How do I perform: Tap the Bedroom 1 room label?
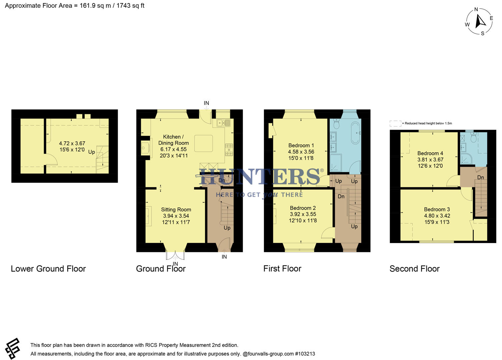click(301, 145)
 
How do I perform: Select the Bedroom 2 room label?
click(303, 208)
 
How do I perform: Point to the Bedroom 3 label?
click(437, 209)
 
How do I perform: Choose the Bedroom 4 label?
click(430, 153)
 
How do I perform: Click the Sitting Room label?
click(176, 210)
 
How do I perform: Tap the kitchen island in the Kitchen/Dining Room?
click(203, 143)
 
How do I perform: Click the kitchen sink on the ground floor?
click(223, 123)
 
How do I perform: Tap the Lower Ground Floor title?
click(48, 269)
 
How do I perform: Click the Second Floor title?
click(414, 269)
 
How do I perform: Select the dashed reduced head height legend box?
click(395, 123)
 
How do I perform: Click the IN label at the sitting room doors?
click(175, 264)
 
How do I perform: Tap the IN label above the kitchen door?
click(206, 103)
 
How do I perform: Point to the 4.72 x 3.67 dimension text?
click(72, 143)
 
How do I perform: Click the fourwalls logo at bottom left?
click(13, 349)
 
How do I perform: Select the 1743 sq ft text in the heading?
click(130, 6)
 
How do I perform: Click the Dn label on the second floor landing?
click(480, 177)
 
